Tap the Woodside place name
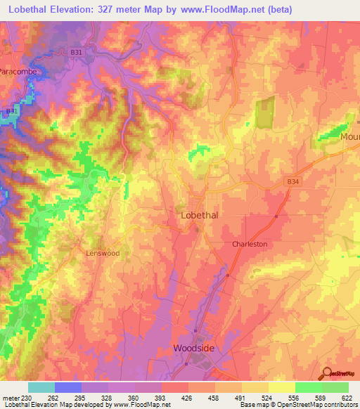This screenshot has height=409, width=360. click(x=195, y=348)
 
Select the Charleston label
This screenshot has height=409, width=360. click(x=250, y=244)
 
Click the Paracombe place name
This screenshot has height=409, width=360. click(x=17, y=72)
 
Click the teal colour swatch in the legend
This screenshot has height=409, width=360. click(x=41, y=387)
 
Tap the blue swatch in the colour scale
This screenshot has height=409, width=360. click(x=67, y=387)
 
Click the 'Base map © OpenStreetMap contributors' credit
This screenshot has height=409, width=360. click(x=298, y=405)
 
